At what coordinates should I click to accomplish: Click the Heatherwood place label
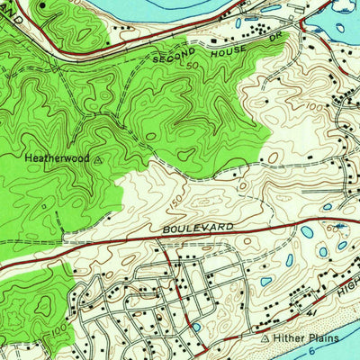[56, 157]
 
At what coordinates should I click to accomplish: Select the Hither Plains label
[301, 339]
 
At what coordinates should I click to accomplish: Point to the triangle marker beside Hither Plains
[265, 339]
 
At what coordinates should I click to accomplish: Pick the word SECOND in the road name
[174, 56]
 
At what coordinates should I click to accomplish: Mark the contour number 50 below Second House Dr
[192, 66]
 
